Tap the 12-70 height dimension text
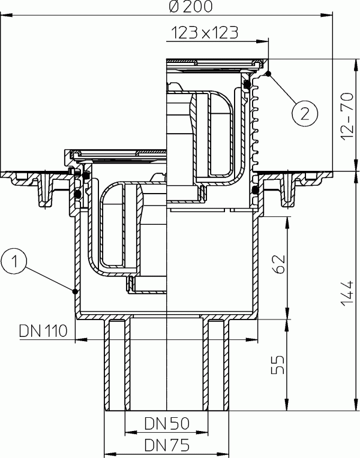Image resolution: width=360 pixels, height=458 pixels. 346,113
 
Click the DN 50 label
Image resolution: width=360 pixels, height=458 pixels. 167,424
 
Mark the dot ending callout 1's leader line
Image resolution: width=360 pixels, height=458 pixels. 74,291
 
